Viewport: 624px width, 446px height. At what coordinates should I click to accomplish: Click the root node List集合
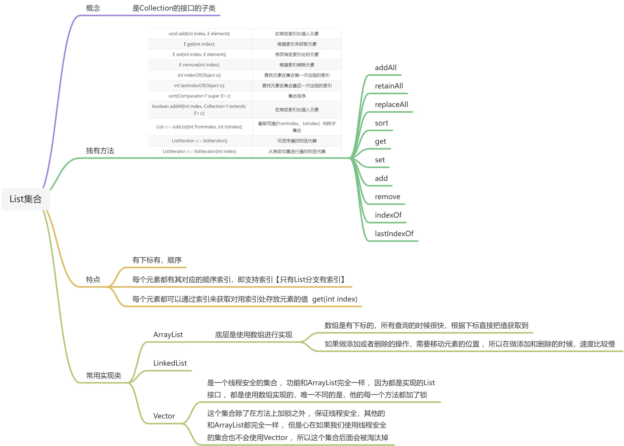click(x=26, y=199)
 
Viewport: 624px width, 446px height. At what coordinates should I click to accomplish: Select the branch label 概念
click(x=93, y=8)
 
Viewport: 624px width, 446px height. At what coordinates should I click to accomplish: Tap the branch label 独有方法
click(x=100, y=151)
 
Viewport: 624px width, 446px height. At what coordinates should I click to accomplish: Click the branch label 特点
click(x=93, y=279)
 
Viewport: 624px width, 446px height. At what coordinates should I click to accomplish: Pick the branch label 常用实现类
click(x=103, y=375)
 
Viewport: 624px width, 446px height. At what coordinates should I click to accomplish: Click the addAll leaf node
click(x=386, y=68)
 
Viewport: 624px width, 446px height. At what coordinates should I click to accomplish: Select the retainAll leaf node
click(x=389, y=86)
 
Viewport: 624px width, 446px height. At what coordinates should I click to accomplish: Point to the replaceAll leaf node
click(x=391, y=104)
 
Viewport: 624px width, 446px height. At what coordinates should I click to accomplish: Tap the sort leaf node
click(x=381, y=123)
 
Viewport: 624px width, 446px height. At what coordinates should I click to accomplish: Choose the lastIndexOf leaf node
click(x=394, y=234)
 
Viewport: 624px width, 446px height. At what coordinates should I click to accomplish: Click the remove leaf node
click(x=388, y=197)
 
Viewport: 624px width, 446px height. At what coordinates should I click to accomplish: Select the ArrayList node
click(x=168, y=335)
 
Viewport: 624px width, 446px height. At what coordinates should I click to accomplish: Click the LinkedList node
click(x=170, y=363)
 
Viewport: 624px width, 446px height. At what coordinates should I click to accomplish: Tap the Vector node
click(x=164, y=416)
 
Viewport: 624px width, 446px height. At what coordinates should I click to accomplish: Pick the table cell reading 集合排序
click(x=297, y=96)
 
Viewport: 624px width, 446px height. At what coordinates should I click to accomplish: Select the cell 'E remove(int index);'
click(x=199, y=65)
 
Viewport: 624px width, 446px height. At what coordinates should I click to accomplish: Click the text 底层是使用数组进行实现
click(x=253, y=335)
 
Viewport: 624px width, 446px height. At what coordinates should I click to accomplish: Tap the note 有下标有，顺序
click(x=157, y=260)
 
